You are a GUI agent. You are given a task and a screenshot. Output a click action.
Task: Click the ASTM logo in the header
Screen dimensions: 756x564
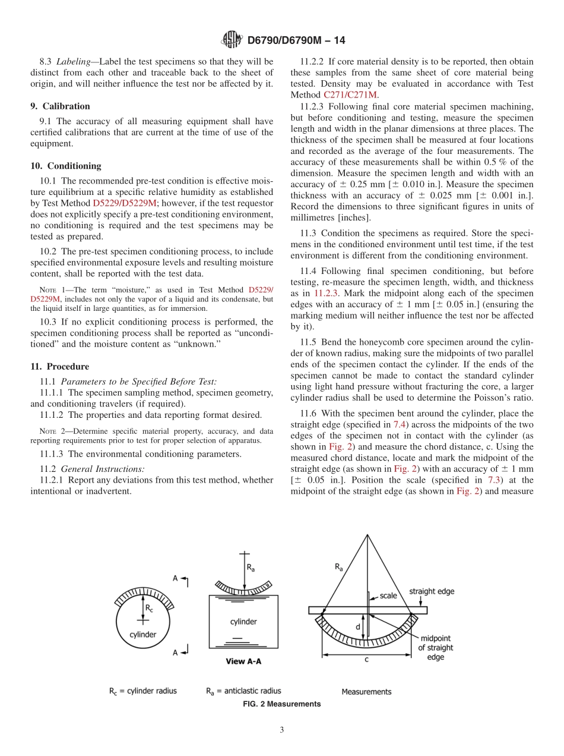(232, 40)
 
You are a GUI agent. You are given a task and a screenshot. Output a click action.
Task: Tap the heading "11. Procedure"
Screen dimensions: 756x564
(60, 367)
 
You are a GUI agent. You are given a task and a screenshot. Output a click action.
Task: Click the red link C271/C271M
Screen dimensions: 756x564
(350, 95)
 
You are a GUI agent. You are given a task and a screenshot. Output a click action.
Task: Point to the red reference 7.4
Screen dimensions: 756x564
(400, 424)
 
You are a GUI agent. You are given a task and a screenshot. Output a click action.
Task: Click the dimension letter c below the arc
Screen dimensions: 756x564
(366, 659)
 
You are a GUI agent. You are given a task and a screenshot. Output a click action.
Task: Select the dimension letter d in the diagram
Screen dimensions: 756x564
(357, 626)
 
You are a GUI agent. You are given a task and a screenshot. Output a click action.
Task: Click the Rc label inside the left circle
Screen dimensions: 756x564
(149, 608)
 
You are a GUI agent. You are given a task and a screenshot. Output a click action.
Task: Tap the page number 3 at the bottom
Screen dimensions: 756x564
(282, 730)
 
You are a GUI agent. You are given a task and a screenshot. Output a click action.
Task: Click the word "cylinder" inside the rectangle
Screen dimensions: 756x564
(243, 622)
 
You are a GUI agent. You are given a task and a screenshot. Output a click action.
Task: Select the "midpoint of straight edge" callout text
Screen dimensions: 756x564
(435, 648)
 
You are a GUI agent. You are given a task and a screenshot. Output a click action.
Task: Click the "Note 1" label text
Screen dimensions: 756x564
(50, 290)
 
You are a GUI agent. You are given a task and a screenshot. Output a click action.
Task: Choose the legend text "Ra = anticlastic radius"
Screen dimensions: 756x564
(243, 691)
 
